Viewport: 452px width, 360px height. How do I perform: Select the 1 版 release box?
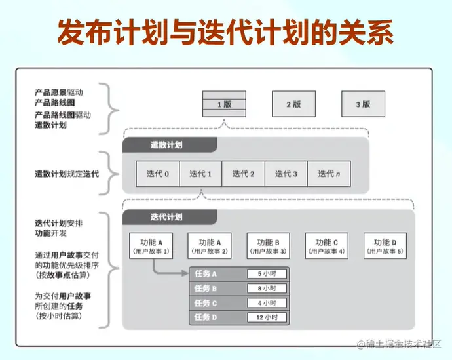tap(224, 104)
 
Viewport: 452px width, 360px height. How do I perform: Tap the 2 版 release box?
tap(293, 104)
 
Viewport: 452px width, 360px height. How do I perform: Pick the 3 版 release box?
tap(363, 104)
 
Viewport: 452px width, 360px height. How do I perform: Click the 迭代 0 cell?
tap(157, 174)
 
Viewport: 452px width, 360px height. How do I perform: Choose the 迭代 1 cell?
tap(200, 174)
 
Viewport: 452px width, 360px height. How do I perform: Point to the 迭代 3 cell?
tap(286, 174)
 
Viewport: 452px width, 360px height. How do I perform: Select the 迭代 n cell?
tap(329, 174)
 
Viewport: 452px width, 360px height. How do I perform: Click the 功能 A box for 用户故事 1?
tap(151, 245)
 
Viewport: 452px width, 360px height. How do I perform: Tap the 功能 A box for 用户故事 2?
tap(210, 245)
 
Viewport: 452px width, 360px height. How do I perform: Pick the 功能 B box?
tap(268, 245)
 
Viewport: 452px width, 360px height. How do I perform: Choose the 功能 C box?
tap(326, 245)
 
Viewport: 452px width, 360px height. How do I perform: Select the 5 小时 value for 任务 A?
tap(267, 273)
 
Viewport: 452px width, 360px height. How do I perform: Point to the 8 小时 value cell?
tap(267, 288)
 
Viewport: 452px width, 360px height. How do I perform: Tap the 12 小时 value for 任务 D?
tap(267, 317)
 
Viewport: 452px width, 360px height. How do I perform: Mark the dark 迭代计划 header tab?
tap(166, 217)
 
